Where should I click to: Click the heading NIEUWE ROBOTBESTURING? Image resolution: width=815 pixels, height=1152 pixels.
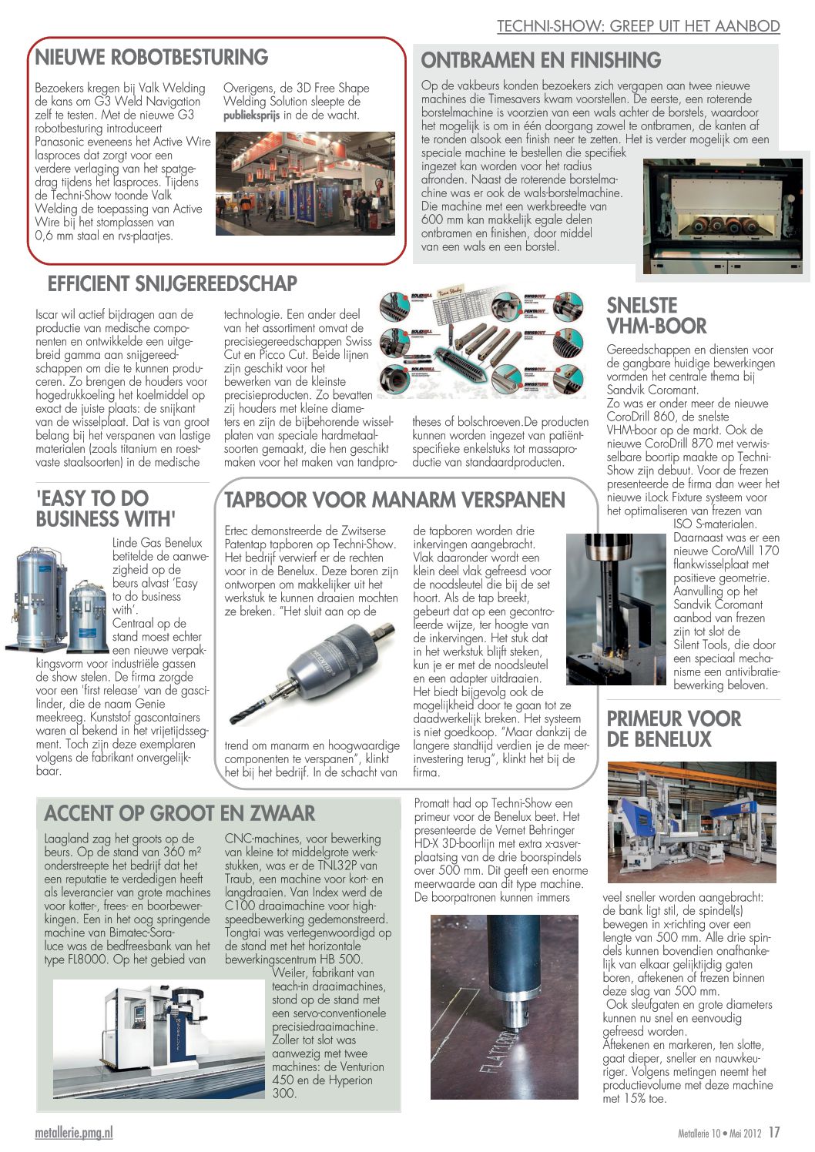click(152, 58)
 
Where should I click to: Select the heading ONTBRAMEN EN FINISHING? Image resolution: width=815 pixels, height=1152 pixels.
click(541, 61)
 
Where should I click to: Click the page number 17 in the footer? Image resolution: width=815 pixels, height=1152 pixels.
click(774, 1133)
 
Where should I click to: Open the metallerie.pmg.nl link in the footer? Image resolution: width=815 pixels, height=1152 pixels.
click(74, 1133)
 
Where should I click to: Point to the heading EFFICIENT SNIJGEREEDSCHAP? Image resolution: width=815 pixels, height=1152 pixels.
click(173, 284)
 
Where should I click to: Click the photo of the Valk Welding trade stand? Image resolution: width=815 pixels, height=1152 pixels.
click(305, 183)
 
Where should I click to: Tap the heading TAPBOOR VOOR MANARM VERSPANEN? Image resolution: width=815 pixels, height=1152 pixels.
click(394, 501)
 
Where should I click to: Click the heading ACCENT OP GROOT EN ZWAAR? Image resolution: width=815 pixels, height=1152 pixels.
click(179, 814)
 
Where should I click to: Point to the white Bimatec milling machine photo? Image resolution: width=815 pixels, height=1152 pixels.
click(158, 1037)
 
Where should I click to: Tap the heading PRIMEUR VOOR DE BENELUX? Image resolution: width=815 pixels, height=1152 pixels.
click(673, 729)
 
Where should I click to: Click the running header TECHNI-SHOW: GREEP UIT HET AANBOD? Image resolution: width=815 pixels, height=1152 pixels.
click(638, 25)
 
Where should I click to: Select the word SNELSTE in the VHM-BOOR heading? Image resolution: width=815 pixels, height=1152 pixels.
click(642, 305)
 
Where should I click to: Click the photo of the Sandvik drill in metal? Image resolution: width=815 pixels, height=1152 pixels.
click(615, 608)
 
